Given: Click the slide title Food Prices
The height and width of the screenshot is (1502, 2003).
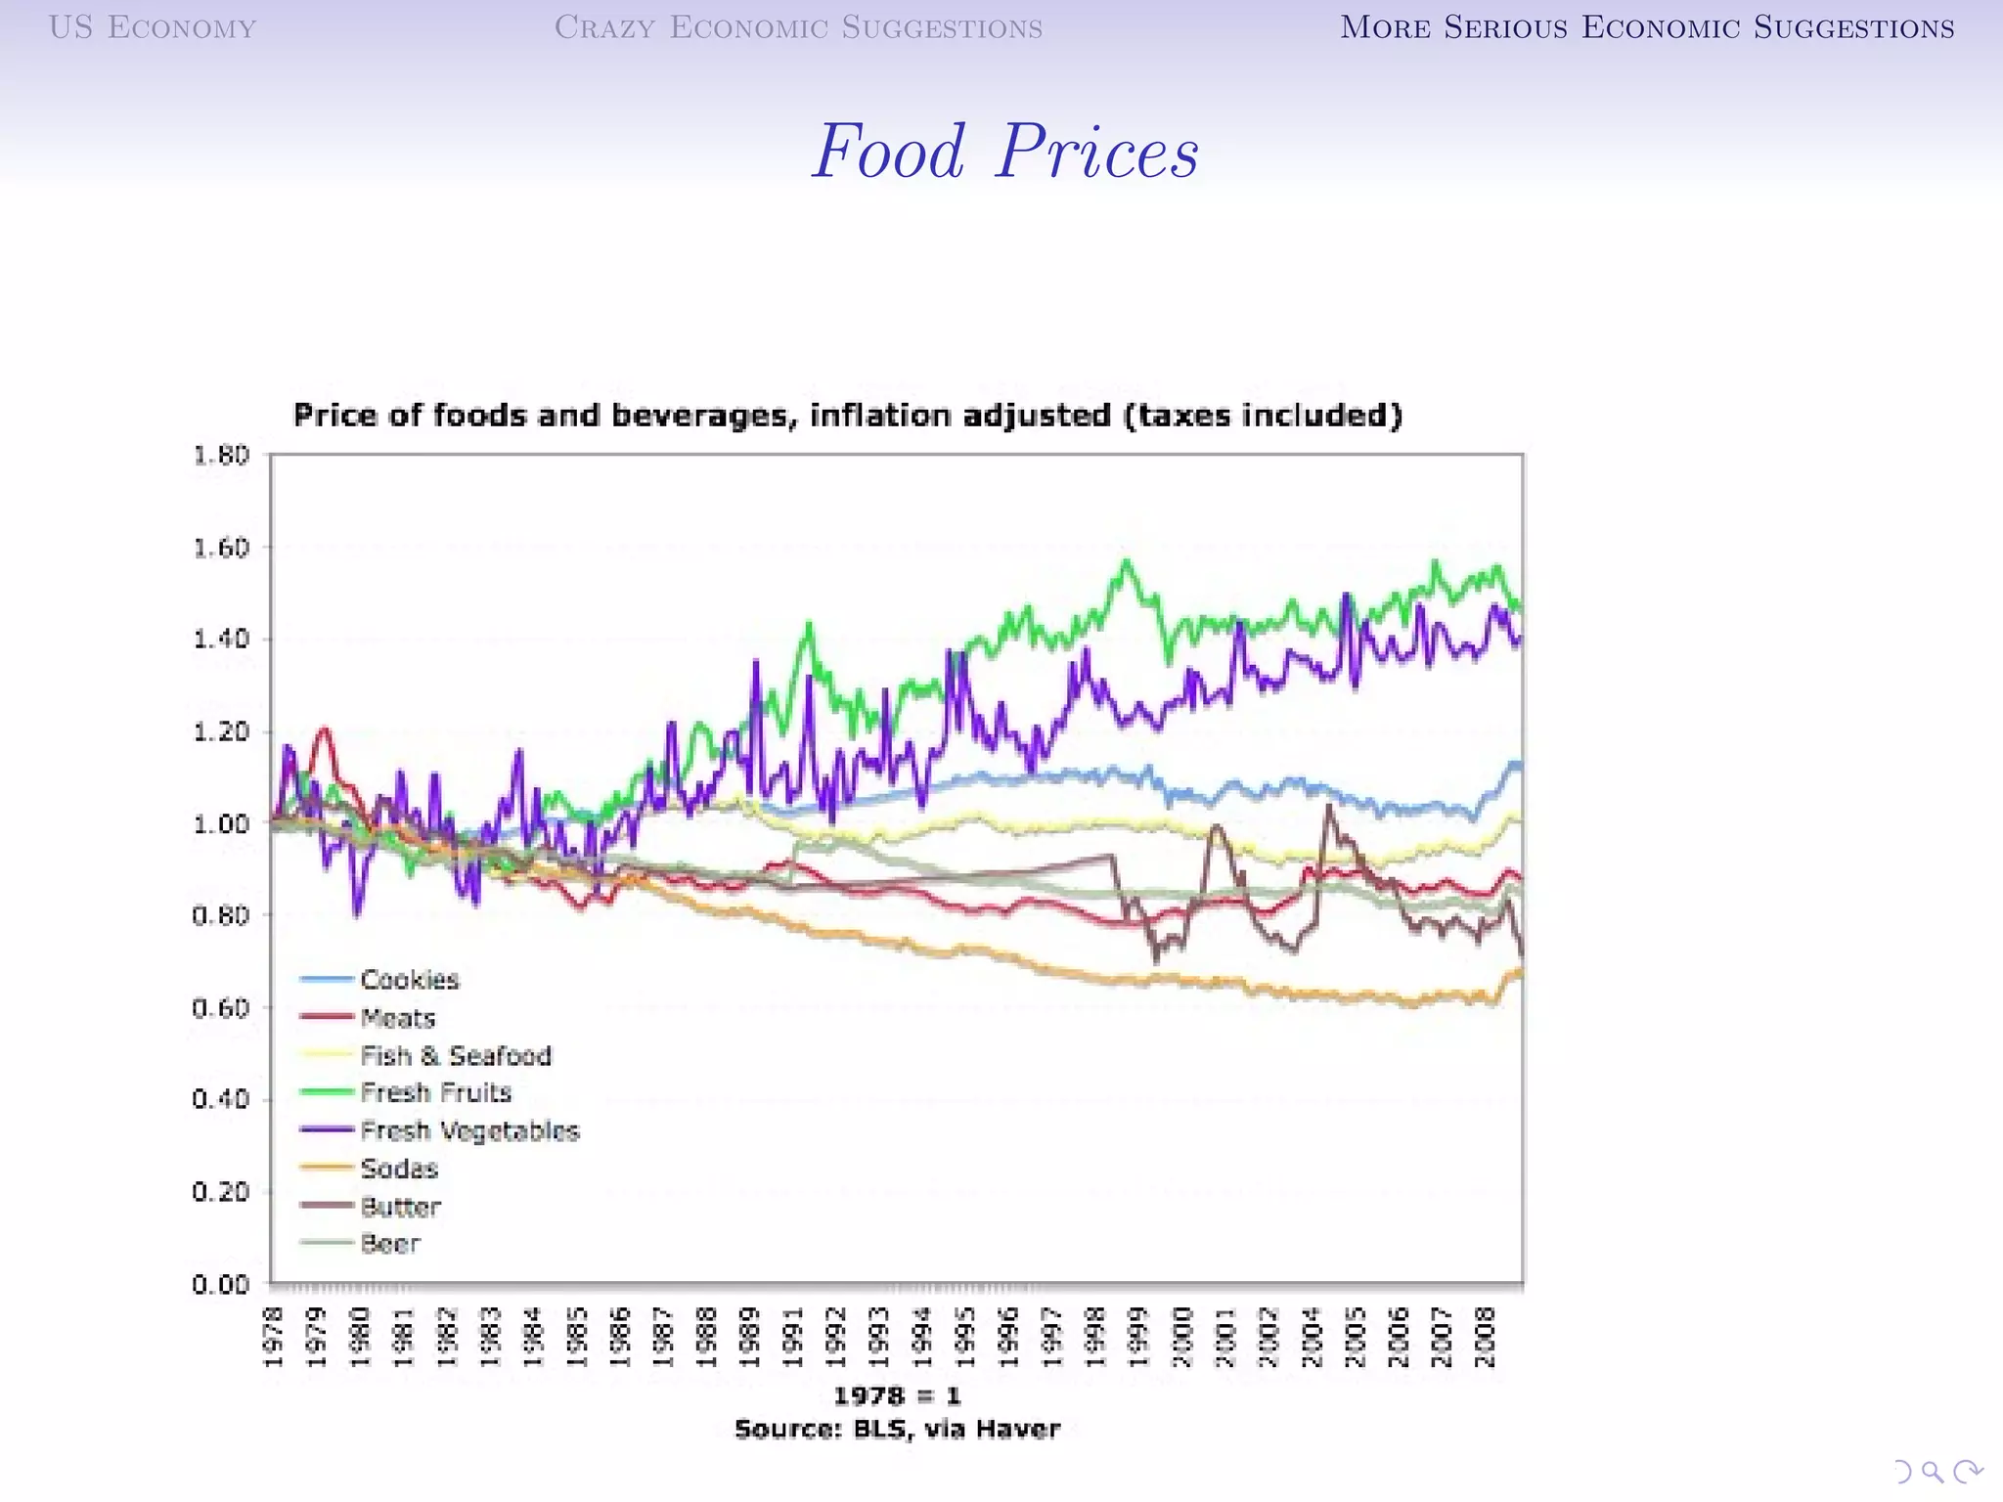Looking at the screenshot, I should (x=1004, y=153).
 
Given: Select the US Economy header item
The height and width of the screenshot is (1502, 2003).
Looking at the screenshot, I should (x=153, y=27).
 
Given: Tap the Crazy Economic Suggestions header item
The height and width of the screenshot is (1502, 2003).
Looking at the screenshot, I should (x=798, y=27).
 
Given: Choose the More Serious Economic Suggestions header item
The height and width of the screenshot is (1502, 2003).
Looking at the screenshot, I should (x=1647, y=27).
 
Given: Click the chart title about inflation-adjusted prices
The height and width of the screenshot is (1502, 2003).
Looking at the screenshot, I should (x=848, y=416).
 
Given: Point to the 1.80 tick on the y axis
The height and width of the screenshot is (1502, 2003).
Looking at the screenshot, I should (x=221, y=456).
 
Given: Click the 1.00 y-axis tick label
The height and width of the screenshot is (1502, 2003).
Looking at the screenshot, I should (x=221, y=824).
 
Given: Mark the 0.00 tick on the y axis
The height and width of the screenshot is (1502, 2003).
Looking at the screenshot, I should (x=221, y=1284).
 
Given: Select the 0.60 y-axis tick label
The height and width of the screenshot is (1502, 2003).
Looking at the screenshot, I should (x=221, y=1008).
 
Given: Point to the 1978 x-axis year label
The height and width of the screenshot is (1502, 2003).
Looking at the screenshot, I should (x=274, y=1337).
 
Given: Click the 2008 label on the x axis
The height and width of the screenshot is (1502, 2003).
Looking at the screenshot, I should (x=1485, y=1337).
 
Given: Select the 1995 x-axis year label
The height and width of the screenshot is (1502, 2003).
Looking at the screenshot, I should (x=965, y=1337).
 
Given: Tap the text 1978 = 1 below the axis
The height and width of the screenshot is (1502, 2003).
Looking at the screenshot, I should (x=897, y=1395).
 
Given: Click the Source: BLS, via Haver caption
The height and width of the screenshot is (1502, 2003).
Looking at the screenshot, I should (x=897, y=1430).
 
